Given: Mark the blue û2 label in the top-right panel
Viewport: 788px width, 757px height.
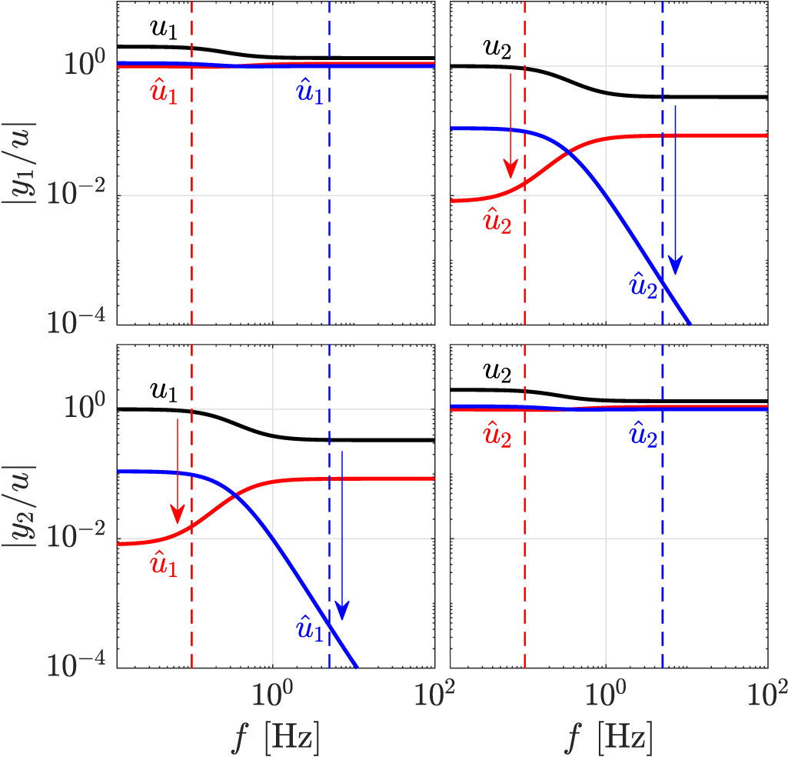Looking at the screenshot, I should click(x=643, y=285).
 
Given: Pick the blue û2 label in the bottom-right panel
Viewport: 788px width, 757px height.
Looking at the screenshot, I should click(x=643, y=436).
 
